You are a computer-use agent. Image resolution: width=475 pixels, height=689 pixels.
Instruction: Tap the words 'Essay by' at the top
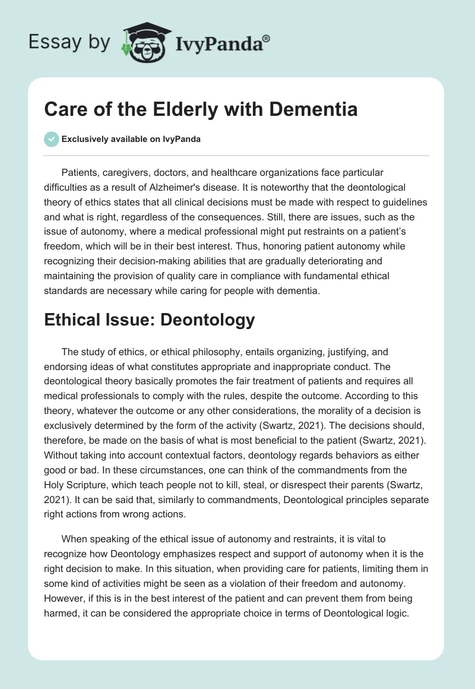[69, 42]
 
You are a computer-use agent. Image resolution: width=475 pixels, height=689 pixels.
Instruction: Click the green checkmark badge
[51, 140]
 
